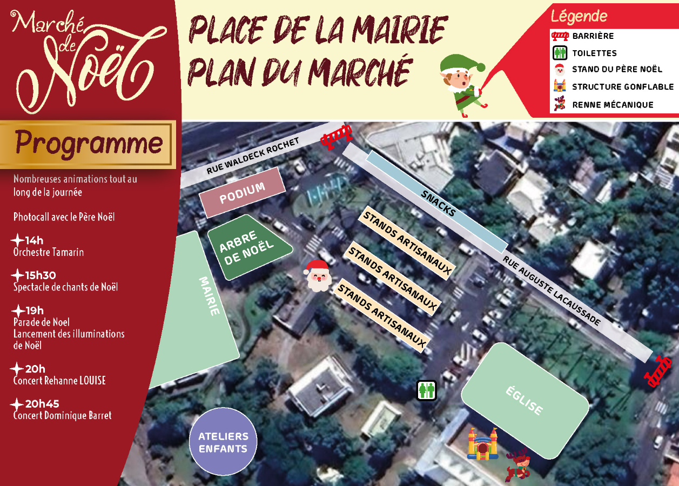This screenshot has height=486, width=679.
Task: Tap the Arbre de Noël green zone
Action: tap(246, 248)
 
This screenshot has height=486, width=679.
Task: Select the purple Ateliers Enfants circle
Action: tap(223, 442)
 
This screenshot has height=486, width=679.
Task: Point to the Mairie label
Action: tap(210, 296)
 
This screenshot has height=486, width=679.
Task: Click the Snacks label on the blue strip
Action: tap(439, 203)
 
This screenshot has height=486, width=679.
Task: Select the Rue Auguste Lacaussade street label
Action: tap(551, 291)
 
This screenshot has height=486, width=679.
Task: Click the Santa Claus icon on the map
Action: tap(318, 275)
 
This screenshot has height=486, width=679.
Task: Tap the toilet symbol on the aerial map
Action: tap(427, 390)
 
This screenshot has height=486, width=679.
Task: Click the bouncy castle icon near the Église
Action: tap(482, 444)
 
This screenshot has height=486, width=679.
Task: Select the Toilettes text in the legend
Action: tap(594, 53)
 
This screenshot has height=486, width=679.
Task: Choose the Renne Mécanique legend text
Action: tap(613, 105)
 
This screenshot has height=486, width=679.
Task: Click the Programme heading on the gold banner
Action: tap(89, 143)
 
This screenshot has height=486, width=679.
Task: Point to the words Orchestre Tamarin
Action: tap(49, 252)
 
